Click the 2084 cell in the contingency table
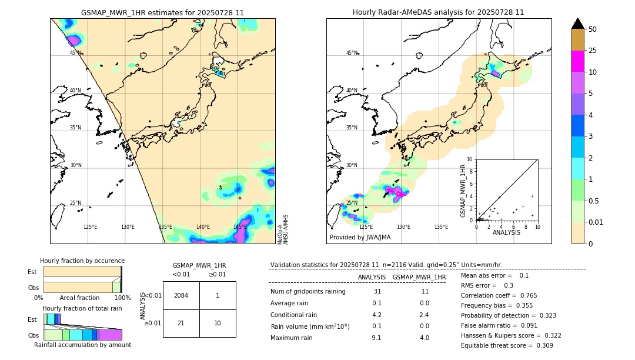tap(181, 295)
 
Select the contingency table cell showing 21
tap(181, 324)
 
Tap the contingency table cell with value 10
tap(218, 324)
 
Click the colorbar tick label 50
tap(593, 29)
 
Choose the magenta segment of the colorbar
tap(578, 61)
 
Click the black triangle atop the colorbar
tap(578, 24)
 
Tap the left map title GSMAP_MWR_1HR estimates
tap(162, 12)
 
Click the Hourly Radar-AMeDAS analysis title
tap(438, 12)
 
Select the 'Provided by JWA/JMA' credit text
tap(360, 237)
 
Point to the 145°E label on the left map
tap(240, 227)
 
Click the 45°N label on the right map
tap(352, 53)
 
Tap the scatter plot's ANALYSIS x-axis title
tap(506, 233)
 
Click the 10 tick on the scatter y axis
tap(470, 159)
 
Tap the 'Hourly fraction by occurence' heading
tap(82, 261)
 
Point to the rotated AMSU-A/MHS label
tap(285, 229)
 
